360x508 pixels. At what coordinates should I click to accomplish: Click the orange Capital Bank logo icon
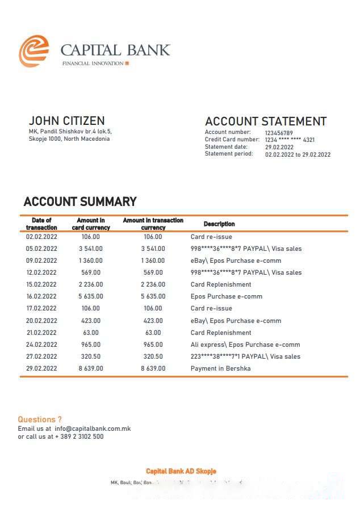(x=34, y=51)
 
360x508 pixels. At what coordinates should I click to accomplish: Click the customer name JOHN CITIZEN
(x=66, y=121)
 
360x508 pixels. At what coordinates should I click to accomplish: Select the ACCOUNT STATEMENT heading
(x=265, y=121)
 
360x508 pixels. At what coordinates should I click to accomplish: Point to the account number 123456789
(x=279, y=133)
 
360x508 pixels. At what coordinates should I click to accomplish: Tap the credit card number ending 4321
(x=290, y=140)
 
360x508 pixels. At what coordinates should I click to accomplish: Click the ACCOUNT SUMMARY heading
(x=80, y=201)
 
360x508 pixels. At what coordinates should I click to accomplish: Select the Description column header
(x=219, y=224)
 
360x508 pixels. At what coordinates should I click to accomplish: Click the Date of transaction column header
(x=41, y=224)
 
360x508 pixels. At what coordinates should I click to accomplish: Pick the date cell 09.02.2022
(x=41, y=261)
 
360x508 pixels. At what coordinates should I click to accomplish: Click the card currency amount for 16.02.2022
(x=91, y=296)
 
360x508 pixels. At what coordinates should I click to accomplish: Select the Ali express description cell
(x=245, y=345)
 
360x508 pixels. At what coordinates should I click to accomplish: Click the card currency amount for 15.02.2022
(x=91, y=284)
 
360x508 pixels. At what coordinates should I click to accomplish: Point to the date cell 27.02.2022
(x=41, y=356)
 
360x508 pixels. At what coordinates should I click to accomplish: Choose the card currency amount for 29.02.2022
(x=91, y=368)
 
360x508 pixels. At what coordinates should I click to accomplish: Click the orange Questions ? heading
(x=40, y=419)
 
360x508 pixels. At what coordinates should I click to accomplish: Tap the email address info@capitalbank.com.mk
(x=93, y=429)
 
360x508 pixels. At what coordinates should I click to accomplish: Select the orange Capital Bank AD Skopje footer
(x=181, y=471)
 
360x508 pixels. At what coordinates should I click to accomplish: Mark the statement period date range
(x=298, y=154)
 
